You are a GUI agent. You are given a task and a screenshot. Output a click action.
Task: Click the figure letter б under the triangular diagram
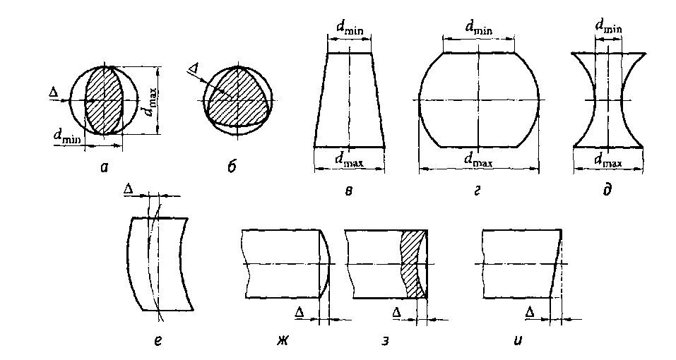[232, 166]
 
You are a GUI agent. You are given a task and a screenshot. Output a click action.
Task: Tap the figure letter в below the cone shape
[348, 191]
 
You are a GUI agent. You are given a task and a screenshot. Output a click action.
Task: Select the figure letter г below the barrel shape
[478, 191]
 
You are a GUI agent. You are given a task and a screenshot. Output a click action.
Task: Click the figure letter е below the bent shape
[158, 342]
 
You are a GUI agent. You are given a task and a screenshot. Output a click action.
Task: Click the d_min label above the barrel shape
[478, 28]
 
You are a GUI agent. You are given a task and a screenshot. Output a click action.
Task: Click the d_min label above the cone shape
[350, 28]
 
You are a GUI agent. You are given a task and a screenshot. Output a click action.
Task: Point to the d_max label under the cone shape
[350, 160]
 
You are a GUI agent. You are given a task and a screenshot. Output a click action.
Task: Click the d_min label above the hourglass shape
[608, 26]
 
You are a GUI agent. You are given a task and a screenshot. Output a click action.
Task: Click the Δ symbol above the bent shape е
[128, 189]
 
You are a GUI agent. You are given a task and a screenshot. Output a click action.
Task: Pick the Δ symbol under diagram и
[530, 313]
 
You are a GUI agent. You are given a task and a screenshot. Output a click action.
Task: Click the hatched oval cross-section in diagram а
[104, 100]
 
